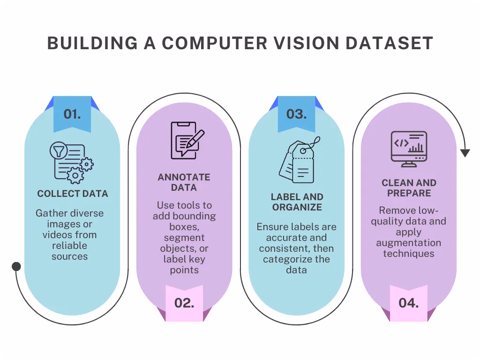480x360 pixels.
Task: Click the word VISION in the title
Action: click(x=307, y=43)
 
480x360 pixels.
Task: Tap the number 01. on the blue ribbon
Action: click(x=72, y=114)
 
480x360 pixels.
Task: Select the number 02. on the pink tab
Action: click(x=184, y=303)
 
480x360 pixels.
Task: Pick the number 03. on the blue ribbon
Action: click(x=296, y=114)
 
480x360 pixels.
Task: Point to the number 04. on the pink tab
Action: click(x=409, y=303)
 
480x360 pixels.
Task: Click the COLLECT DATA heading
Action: click(x=73, y=194)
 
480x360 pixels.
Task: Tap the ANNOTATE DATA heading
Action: click(x=184, y=182)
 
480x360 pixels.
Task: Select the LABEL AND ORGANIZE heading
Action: click(x=297, y=202)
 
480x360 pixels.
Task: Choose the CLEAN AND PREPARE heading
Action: click(x=409, y=188)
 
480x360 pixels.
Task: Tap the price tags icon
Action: click(x=299, y=160)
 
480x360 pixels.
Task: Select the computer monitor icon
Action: click(x=409, y=149)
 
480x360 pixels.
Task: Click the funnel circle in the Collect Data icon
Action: click(x=59, y=150)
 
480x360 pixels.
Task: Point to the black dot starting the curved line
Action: click(x=16, y=266)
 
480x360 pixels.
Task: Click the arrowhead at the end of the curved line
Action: click(x=465, y=153)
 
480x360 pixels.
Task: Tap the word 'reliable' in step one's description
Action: click(x=69, y=246)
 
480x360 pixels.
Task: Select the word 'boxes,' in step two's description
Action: click(x=184, y=227)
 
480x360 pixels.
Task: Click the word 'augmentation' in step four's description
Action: click(x=409, y=243)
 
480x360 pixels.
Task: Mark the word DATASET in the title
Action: click(x=390, y=43)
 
